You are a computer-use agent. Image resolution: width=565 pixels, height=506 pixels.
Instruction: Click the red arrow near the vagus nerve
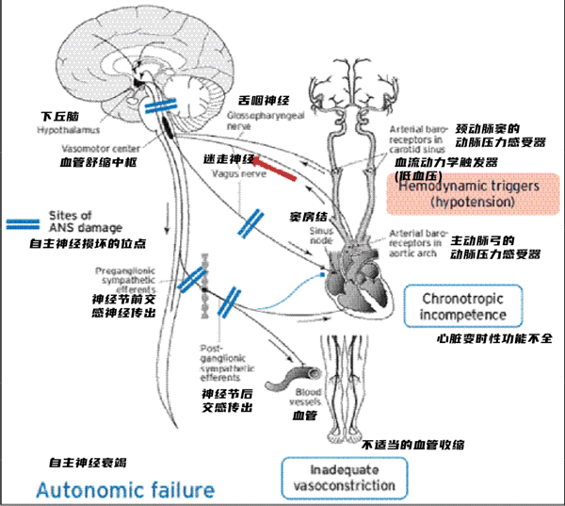pos(273,167)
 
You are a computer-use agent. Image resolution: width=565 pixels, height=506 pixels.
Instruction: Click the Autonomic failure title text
pos(124,490)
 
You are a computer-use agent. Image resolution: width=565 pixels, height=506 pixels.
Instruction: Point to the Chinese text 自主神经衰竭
pos(88,463)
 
